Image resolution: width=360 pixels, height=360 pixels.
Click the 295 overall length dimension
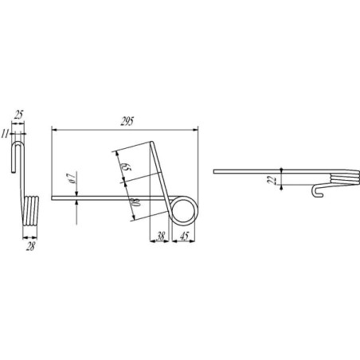[127, 121]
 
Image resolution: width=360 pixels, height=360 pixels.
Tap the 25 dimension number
[18, 115]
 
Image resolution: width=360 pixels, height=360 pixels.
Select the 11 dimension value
[5, 134]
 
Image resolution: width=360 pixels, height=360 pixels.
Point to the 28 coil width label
[30, 247]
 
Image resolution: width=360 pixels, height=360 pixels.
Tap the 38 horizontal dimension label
[161, 236]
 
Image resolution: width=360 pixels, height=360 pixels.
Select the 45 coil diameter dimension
[184, 236]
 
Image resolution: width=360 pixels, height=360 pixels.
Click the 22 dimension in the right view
[272, 180]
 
